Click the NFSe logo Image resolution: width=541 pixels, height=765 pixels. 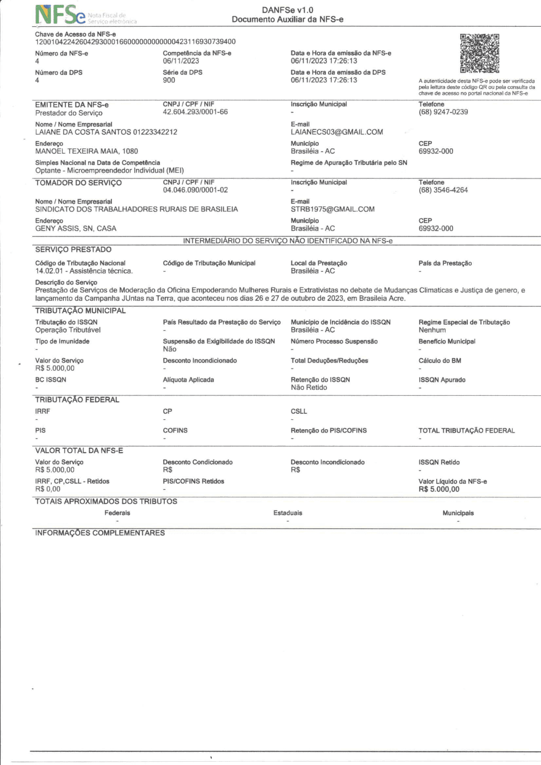pyautogui.click(x=61, y=15)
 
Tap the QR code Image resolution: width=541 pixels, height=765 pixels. pyautogui.click(x=479, y=54)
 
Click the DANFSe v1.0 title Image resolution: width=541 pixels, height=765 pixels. pyautogui.click(x=287, y=10)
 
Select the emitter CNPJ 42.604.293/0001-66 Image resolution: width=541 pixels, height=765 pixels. pyautogui.click(x=195, y=112)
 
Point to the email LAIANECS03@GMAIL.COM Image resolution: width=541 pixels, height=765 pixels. pyautogui.click(x=337, y=132)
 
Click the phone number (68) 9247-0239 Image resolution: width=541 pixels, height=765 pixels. pyautogui.click(x=443, y=112)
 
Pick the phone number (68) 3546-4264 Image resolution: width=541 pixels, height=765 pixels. pyautogui.click(x=443, y=190)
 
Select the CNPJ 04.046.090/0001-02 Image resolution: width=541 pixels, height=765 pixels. pyautogui.click(x=195, y=190)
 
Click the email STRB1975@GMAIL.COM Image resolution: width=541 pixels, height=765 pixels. pyautogui.click(x=332, y=209)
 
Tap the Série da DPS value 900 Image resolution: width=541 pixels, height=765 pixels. pyautogui.click(x=169, y=80)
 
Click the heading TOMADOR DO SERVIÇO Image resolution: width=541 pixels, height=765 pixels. pyautogui.click(x=78, y=183)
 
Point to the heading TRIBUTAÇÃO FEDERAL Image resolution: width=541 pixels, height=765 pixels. pyautogui.click(x=77, y=400)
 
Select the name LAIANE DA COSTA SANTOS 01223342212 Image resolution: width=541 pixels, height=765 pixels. pyautogui.click(x=106, y=132)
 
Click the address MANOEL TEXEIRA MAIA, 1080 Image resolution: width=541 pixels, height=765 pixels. pyautogui.click(x=86, y=151)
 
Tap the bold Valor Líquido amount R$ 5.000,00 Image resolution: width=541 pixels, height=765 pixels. pyautogui.click(x=439, y=489)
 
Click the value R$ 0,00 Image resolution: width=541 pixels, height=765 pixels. pyautogui.click(x=47, y=489)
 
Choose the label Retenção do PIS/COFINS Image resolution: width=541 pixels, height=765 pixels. pyautogui.click(x=329, y=430)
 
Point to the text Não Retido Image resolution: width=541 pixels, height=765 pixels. pyautogui.click(x=308, y=388)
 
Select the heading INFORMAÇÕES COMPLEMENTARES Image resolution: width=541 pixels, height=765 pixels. pyautogui.click(x=100, y=533)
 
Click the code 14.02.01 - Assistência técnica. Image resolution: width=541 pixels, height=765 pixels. pyautogui.click(x=84, y=271)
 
